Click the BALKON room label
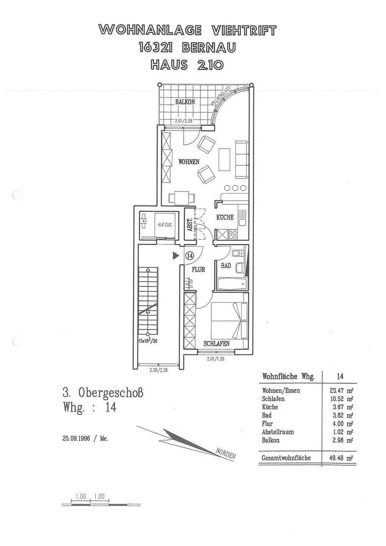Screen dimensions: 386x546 [x=185, y=102]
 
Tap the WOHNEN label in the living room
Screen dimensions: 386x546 [x=189, y=162]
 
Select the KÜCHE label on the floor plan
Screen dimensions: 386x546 [x=225, y=217]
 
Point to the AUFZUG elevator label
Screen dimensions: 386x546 [x=165, y=225]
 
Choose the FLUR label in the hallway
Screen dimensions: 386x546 [x=198, y=270]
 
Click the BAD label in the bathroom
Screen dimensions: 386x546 [x=226, y=266]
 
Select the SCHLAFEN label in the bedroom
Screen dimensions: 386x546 [x=217, y=344]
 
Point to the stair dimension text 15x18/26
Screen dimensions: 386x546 [x=148, y=340]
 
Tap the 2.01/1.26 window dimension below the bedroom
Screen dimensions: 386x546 [x=216, y=358]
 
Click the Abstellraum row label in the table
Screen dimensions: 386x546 [x=278, y=432]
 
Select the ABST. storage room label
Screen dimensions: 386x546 [x=189, y=225]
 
